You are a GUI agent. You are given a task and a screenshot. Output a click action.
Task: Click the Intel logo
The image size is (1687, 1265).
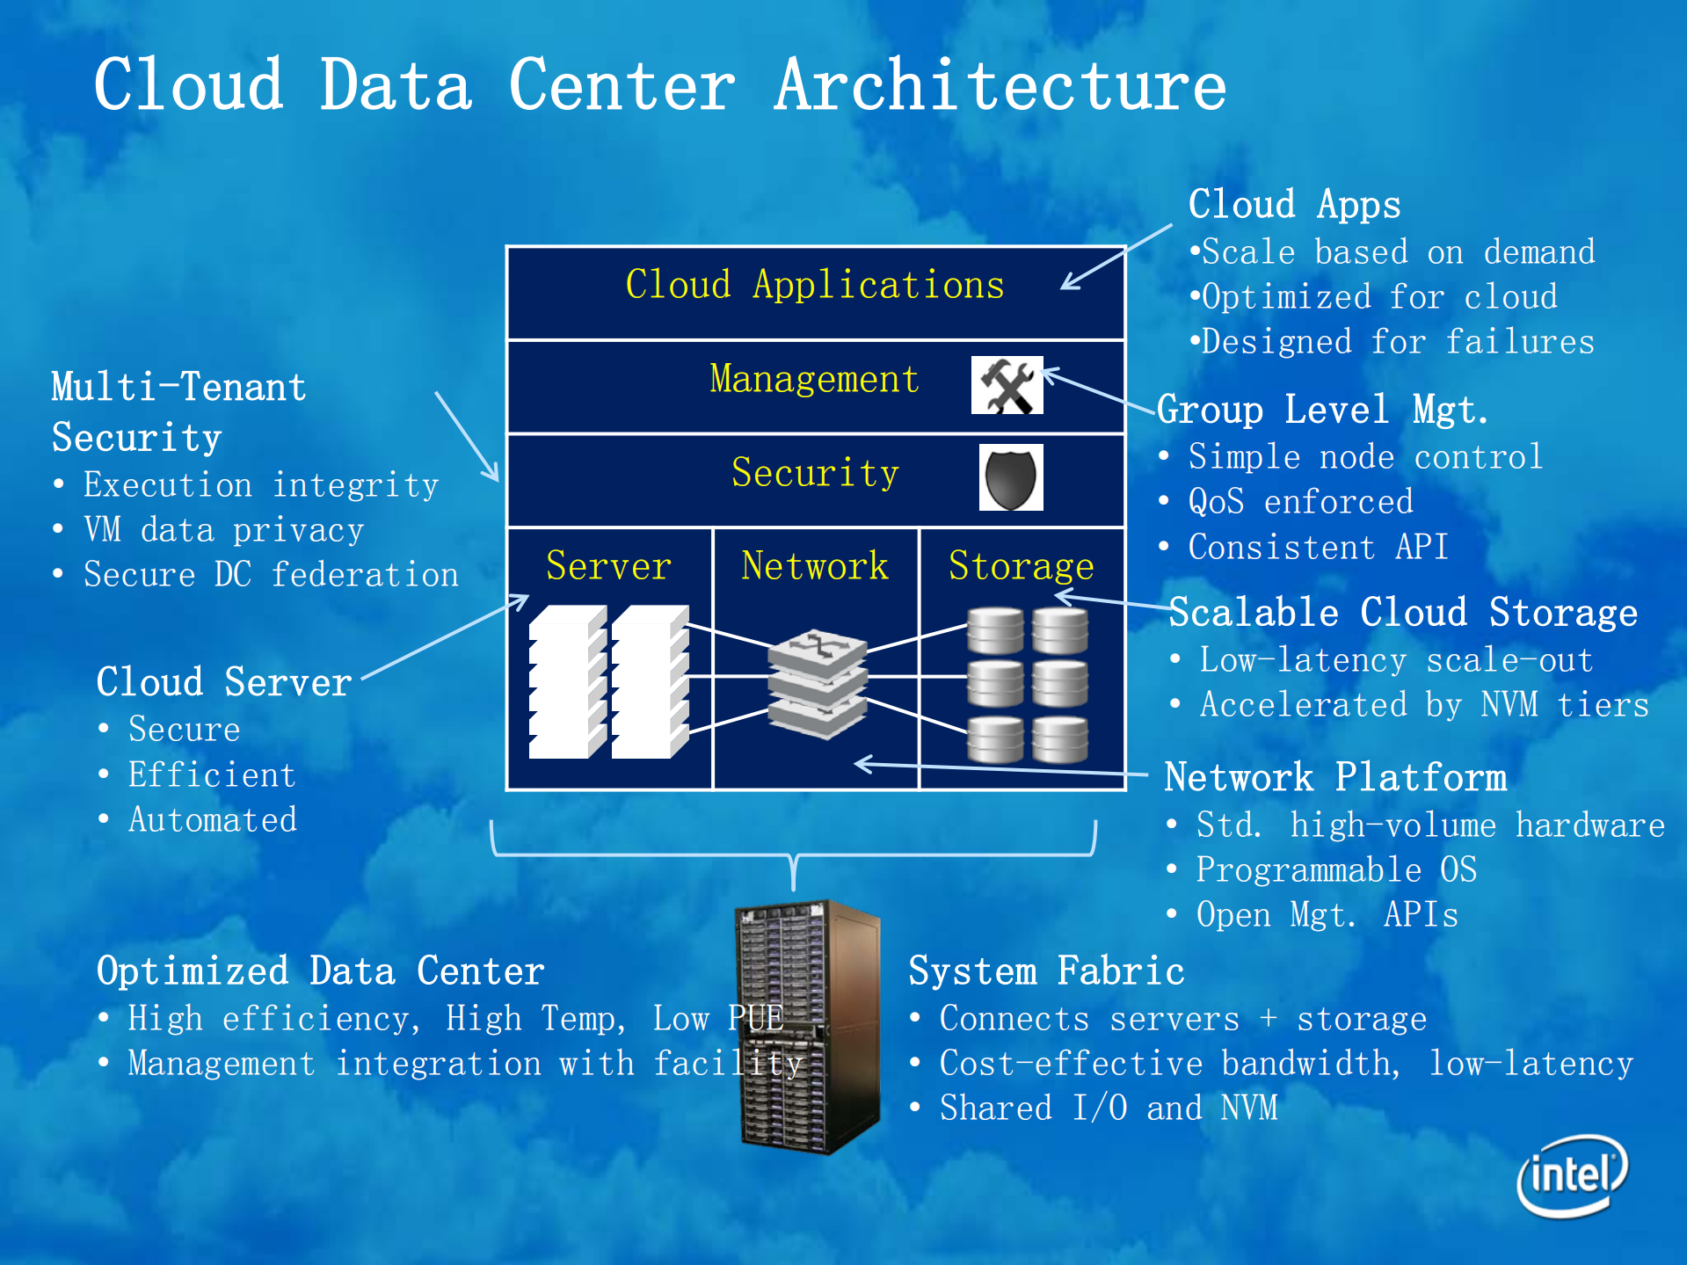tap(1573, 1174)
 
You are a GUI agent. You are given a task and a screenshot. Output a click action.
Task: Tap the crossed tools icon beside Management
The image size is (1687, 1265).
tap(1007, 385)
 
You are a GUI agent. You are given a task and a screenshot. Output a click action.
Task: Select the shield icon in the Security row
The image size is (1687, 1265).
tap(1011, 477)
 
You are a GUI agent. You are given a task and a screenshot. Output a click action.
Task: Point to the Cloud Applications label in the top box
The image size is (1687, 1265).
tap(814, 285)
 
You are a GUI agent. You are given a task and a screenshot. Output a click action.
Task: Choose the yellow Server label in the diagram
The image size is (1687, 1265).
tap(608, 565)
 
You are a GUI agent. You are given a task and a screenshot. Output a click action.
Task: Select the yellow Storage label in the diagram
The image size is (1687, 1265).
tap(1022, 565)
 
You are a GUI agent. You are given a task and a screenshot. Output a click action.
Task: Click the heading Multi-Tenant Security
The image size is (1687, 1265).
tap(178, 412)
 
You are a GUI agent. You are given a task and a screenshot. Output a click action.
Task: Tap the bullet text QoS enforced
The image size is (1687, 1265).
tap(1300, 502)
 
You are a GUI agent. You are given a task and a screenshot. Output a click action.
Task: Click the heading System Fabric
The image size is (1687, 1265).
tap(1046, 971)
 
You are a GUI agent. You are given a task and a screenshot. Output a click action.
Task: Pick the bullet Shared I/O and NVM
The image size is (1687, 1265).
tap(1108, 1108)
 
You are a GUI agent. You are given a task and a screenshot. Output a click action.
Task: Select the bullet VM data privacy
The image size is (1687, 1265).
tap(223, 530)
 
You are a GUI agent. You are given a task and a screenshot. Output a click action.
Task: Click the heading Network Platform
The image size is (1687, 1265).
tap(1334, 777)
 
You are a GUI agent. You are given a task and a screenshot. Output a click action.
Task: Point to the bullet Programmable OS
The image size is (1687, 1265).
tap(1335, 869)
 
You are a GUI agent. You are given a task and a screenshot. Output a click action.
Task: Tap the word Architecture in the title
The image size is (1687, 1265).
tap(1000, 85)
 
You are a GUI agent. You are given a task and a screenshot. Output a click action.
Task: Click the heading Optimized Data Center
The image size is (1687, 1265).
tap(320, 971)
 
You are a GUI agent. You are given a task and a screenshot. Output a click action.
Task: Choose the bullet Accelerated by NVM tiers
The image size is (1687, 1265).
tap(1423, 705)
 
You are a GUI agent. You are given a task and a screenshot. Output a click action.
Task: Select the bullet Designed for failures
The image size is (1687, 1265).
tap(1397, 342)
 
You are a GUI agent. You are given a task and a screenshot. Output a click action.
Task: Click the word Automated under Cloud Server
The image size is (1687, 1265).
tap(213, 820)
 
